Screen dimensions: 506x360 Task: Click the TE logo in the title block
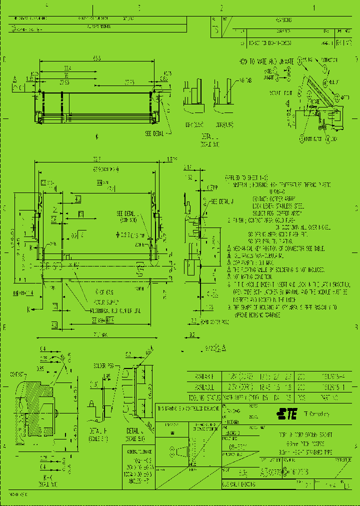[x=286, y=413]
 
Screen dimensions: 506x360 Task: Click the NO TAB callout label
[x=245, y=80]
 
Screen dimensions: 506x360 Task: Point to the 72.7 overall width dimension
[x=96, y=159]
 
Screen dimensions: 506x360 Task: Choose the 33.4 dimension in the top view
[x=66, y=68]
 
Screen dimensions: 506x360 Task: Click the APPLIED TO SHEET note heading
[x=244, y=178]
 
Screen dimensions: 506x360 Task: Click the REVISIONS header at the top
[x=283, y=20]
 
